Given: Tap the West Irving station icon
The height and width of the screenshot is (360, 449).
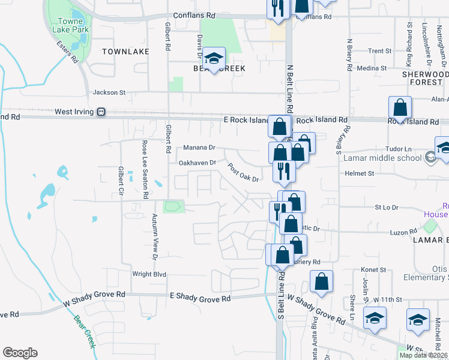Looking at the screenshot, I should click(101, 112).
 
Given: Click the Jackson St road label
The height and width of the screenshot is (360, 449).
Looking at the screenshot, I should click(109, 93).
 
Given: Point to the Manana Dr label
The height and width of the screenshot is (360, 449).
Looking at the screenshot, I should click(199, 148).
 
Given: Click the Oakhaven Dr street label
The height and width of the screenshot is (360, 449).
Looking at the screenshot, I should click(197, 163).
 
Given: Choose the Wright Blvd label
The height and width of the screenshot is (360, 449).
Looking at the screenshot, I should click(149, 274).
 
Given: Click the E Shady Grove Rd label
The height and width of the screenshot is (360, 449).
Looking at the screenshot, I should click(200, 298).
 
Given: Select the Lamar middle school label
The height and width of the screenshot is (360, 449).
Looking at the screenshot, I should click(382, 158).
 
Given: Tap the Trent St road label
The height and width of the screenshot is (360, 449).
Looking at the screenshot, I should click(380, 52).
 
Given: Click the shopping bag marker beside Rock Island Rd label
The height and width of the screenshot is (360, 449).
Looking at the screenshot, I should click(400, 108).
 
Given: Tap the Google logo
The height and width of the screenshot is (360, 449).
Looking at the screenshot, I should click(20, 353).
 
